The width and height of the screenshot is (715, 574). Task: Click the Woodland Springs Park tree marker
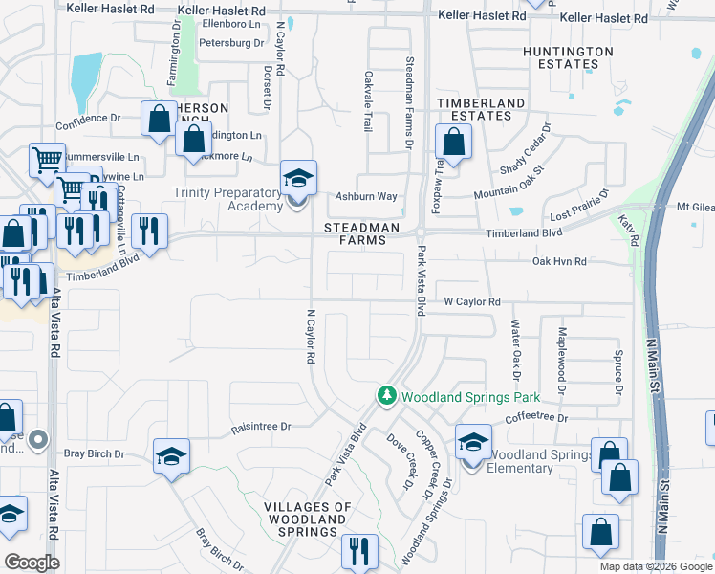click(x=386, y=396)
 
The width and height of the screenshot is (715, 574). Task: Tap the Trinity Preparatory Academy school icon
click(x=297, y=178)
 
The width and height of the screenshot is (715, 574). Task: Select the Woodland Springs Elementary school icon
click(x=472, y=442)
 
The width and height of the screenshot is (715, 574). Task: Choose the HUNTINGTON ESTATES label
click(x=569, y=57)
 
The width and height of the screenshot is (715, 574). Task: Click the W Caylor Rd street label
click(x=471, y=301)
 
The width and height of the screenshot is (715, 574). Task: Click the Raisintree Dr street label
click(x=260, y=427)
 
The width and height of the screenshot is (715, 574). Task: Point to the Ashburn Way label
click(x=365, y=197)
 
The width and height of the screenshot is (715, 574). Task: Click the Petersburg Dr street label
click(x=230, y=43)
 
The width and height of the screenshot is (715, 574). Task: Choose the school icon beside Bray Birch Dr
click(x=171, y=456)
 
